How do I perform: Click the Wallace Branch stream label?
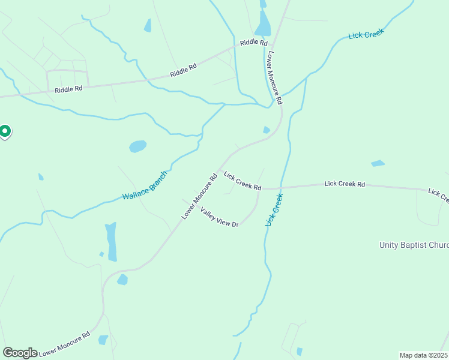click(x=145, y=187)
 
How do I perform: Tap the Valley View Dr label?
click(x=220, y=217)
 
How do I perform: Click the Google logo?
click(x=20, y=353)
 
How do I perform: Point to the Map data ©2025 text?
click(x=423, y=355)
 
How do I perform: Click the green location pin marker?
click(x=5, y=131)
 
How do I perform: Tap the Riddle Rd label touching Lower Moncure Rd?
click(x=253, y=43)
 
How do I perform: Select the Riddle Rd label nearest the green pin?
click(x=68, y=89)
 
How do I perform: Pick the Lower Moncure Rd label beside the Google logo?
click(x=64, y=344)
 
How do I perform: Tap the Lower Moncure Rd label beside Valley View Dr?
click(x=199, y=197)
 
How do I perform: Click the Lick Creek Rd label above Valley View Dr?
click(x=243, y=181)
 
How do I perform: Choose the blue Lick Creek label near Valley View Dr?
click(x=274, y=209)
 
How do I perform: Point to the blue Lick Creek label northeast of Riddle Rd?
click(x=366, y=35)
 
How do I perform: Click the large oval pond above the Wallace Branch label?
click(x=137, y=146)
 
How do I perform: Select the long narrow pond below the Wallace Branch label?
click(x=111, y=241)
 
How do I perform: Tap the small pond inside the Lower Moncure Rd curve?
click(x=266, y=130)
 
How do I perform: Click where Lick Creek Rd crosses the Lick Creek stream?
click(x=280, y=188)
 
